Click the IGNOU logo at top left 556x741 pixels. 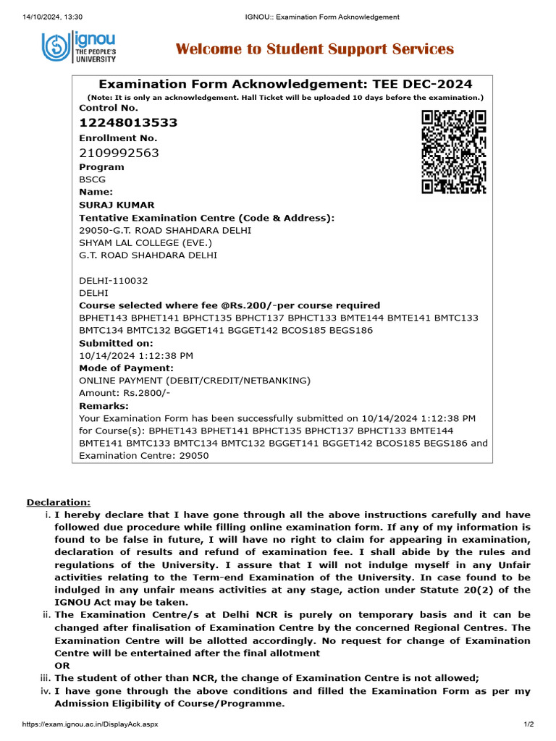pos(78,49)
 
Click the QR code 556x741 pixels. pos(453,152)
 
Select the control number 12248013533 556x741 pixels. pos(128,122)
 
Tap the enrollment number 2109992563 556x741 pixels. pos(119,153)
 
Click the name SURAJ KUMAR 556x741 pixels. pos(117,205)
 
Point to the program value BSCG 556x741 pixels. pos(91,179)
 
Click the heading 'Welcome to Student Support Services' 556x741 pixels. pos(315,49)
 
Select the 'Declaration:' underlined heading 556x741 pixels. pos(59,502)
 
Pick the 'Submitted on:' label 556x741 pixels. pos(116,343)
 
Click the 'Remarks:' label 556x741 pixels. pos(104,406)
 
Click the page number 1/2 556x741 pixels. pos(528,724)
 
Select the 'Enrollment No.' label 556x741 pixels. pos(118,137)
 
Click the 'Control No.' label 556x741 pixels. pos(108,107)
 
